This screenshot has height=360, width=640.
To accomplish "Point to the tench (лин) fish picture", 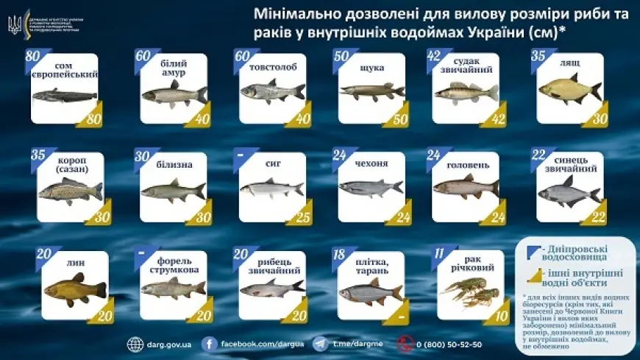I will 74,288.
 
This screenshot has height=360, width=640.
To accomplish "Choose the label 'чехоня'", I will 371,163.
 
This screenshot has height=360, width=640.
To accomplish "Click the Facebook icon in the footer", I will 209,344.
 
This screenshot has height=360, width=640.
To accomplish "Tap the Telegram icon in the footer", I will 320,344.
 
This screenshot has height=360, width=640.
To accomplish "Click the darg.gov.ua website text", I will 170,344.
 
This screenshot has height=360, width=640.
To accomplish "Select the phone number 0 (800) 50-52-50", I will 449,344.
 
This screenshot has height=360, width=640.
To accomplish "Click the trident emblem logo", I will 14,24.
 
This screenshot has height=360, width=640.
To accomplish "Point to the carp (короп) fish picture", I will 70,191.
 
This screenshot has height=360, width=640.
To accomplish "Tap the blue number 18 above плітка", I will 338,254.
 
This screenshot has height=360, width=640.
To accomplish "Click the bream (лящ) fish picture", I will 570,90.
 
